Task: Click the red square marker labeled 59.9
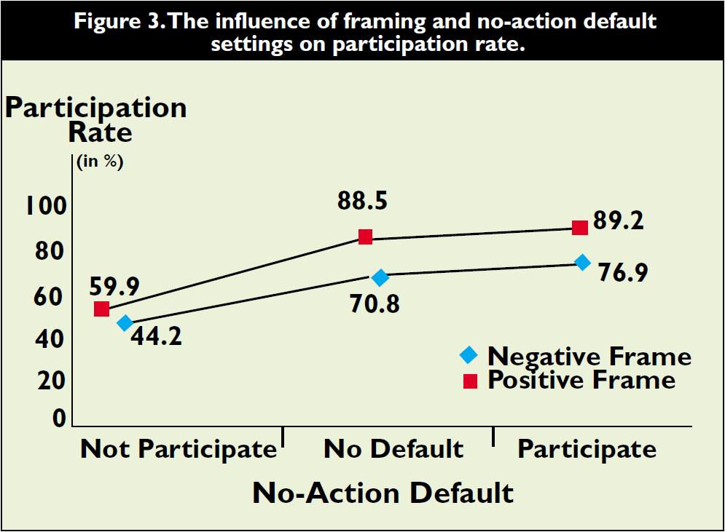[101, 309]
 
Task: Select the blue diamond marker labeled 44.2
[125, 322]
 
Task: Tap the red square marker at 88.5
[365, 237]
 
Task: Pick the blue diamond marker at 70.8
[380, 277]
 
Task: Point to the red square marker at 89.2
[579, 228]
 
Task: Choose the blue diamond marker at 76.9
[582, 262]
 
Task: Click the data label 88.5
[363, 202]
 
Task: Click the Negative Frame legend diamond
[469, 356]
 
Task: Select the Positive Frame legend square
[470, 381]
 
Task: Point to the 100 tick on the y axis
[47, 207]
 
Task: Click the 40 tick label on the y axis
[52, 339]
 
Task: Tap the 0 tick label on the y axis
[59, 418]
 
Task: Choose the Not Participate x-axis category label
[179, 449]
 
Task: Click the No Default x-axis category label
[393, 448]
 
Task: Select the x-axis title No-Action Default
[383, 493]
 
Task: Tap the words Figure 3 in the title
[119, 20]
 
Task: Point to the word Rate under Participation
[100, 132]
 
